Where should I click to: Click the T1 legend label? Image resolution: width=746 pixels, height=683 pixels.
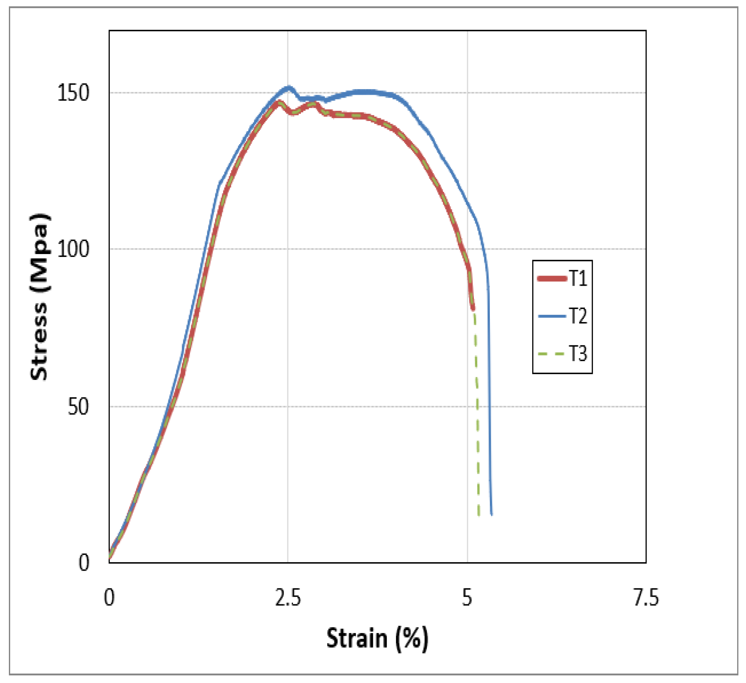point(578,279)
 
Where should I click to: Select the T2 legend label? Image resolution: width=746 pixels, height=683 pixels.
point(578,316)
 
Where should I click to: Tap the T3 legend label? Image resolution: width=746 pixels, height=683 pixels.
point(578,353)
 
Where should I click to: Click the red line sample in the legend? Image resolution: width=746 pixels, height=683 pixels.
point(552,279)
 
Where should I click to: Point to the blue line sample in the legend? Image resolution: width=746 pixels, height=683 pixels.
point(552,316)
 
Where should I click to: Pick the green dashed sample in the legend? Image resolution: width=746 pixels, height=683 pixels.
point(552,353)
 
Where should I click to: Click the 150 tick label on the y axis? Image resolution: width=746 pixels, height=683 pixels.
point(73,93)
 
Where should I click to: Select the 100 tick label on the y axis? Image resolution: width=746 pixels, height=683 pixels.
point(73,249)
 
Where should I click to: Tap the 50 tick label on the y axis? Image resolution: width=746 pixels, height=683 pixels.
point(78,407)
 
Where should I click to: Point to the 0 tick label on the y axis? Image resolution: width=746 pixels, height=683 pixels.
point(84,563)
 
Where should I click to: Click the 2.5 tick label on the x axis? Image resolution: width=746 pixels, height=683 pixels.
point(288,598)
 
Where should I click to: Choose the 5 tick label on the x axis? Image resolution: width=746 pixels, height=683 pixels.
point(467,598)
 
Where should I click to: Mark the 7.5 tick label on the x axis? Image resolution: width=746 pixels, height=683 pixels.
point(646,598)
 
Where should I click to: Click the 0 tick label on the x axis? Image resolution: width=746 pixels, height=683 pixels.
point(109,598)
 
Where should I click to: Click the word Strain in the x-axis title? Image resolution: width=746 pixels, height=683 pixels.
point(357,638)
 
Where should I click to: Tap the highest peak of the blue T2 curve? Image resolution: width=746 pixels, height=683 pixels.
point(289,87)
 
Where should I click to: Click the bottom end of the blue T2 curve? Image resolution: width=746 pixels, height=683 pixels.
point(491,514)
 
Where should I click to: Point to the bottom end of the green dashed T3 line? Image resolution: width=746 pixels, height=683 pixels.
point(478,515)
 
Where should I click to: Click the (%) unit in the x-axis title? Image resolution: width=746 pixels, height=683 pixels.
point(412,638)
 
